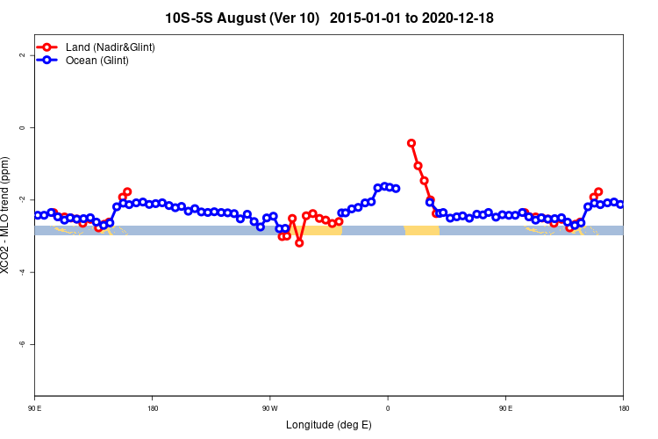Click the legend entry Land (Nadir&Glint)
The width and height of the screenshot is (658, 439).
click(x=111, y=47)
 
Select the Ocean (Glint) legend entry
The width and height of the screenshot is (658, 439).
click(x=97, y=61)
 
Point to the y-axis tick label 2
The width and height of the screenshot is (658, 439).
click(x=21, y=55)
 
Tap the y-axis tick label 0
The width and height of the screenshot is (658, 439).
click(x=21, y=127)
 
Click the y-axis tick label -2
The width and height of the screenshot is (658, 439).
click(x=21, y=200)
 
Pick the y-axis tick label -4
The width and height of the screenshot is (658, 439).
click(x=21, y=272)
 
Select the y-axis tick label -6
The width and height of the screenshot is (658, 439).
click(x=21, y=344)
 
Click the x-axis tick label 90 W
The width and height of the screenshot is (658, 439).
click(x=269, y=408)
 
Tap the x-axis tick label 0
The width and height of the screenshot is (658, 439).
click(x=388, y=408)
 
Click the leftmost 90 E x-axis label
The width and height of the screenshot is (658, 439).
click(x=34, y=408)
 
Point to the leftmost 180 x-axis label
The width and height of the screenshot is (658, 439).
click(x=152, y=408)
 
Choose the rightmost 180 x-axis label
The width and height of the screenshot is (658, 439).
click(x=623, y=408)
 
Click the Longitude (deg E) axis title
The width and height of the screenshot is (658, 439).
click(x=329, y=425)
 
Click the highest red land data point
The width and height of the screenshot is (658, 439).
click(x=411, y=143)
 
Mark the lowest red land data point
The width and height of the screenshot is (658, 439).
click(x=299, y=242)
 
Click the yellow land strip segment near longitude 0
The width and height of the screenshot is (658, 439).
click(x=421, y=230)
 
